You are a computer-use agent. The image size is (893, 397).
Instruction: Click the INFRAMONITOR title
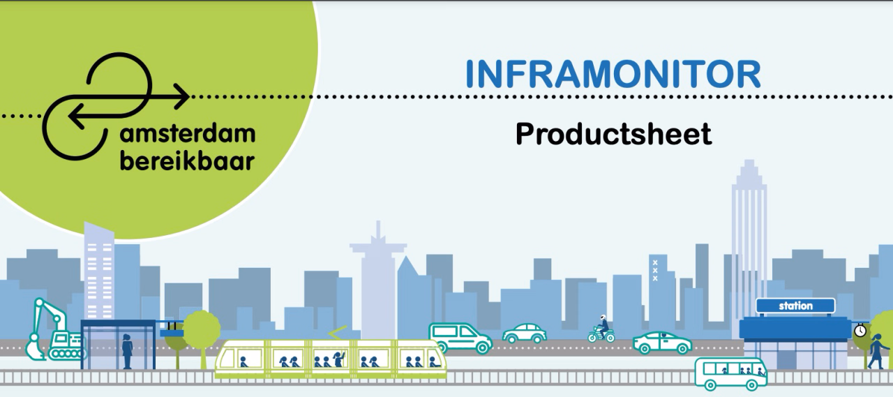pos(613,74)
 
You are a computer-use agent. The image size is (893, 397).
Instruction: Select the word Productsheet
pos(613,134)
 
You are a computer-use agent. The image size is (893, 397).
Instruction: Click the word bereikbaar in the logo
pos(188,161)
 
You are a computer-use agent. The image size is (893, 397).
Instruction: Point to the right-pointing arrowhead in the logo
pos(182,96)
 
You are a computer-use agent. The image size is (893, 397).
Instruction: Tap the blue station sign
pos(796,306)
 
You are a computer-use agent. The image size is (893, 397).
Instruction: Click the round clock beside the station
pos(860,331)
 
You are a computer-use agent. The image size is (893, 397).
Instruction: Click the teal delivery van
pos(460,338)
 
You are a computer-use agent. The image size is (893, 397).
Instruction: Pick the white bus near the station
pos(731,373)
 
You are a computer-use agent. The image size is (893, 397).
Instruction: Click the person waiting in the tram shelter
pos(127,351)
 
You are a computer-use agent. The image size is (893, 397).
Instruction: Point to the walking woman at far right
pos(878,352)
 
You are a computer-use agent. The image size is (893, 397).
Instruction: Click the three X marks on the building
pos(655,271)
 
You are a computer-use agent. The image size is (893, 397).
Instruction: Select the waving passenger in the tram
pos(339,359)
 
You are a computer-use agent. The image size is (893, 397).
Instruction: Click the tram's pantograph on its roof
pos(337,333)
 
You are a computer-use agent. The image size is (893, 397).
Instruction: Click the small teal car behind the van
pos(524,334)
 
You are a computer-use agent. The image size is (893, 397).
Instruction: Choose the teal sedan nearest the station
pos(662,343)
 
